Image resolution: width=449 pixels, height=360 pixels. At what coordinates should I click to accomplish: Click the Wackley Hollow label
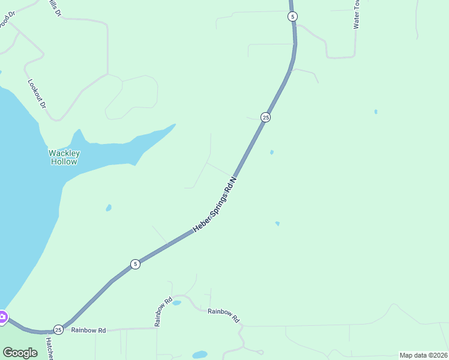point(64,157)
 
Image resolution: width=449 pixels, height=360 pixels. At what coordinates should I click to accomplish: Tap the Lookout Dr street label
point(37,93)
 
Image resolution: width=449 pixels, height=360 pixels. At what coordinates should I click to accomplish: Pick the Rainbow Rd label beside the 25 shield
point(88,330)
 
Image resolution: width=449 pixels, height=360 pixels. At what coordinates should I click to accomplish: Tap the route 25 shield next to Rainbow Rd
point(58,329)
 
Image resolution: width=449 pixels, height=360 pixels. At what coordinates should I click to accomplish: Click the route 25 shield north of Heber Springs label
point(265,117)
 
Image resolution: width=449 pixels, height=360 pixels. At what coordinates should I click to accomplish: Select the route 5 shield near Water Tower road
point(292,17)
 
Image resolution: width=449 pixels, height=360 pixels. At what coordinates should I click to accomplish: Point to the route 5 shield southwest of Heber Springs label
point(136,264)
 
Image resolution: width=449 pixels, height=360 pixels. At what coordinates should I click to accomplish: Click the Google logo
point(20,352)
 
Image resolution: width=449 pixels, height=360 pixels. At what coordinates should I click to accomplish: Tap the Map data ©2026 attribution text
point(423,355)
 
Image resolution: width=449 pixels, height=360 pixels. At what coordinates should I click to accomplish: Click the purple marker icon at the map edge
point(2,317)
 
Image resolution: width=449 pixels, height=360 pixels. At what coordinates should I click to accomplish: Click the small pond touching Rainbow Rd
point(176,303)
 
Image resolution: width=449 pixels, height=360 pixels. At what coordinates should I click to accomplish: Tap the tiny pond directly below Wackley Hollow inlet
point(109,208)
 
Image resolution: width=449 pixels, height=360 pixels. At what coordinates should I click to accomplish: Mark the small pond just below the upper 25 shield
point(272,152)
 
